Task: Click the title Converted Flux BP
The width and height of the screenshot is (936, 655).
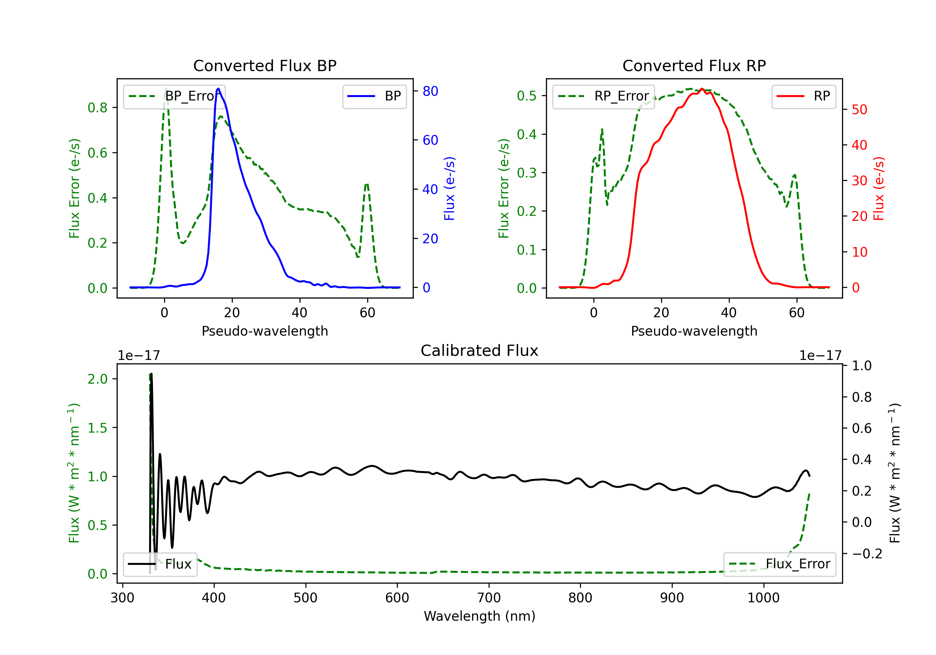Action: (265, 65)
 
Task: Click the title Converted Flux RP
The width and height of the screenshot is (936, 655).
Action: (694, 65)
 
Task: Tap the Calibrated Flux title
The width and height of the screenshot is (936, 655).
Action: (480, 351)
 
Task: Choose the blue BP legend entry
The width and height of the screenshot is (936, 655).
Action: (374, 96)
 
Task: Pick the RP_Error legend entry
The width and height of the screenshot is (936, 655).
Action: (603, 96)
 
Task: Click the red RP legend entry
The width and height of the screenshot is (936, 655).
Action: (803, 96)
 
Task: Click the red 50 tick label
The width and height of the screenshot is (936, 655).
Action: (859, 110)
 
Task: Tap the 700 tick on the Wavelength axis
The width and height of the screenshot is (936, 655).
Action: (489, 598)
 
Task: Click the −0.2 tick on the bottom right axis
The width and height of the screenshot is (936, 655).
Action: (867, 554)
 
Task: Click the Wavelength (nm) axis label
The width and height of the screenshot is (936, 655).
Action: (480, 616)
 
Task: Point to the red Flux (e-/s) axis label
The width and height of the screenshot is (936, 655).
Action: (879, 189)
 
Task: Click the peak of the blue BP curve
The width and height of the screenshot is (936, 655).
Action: (218, 89)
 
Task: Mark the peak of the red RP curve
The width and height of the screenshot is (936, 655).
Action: (702, 89)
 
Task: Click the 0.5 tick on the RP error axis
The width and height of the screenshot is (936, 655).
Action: (527, 96)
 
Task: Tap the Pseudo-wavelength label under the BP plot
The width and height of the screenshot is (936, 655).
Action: (265, 331)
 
